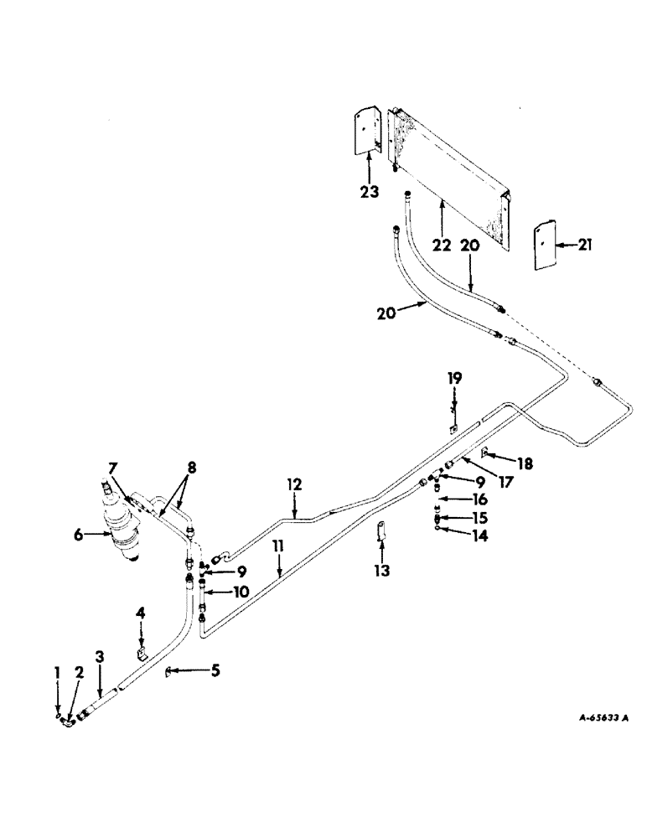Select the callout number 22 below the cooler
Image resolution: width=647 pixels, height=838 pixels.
coord(442,245)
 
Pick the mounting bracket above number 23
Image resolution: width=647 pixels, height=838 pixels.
coord(367,130)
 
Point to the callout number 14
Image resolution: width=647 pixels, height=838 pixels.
coord(480,534)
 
